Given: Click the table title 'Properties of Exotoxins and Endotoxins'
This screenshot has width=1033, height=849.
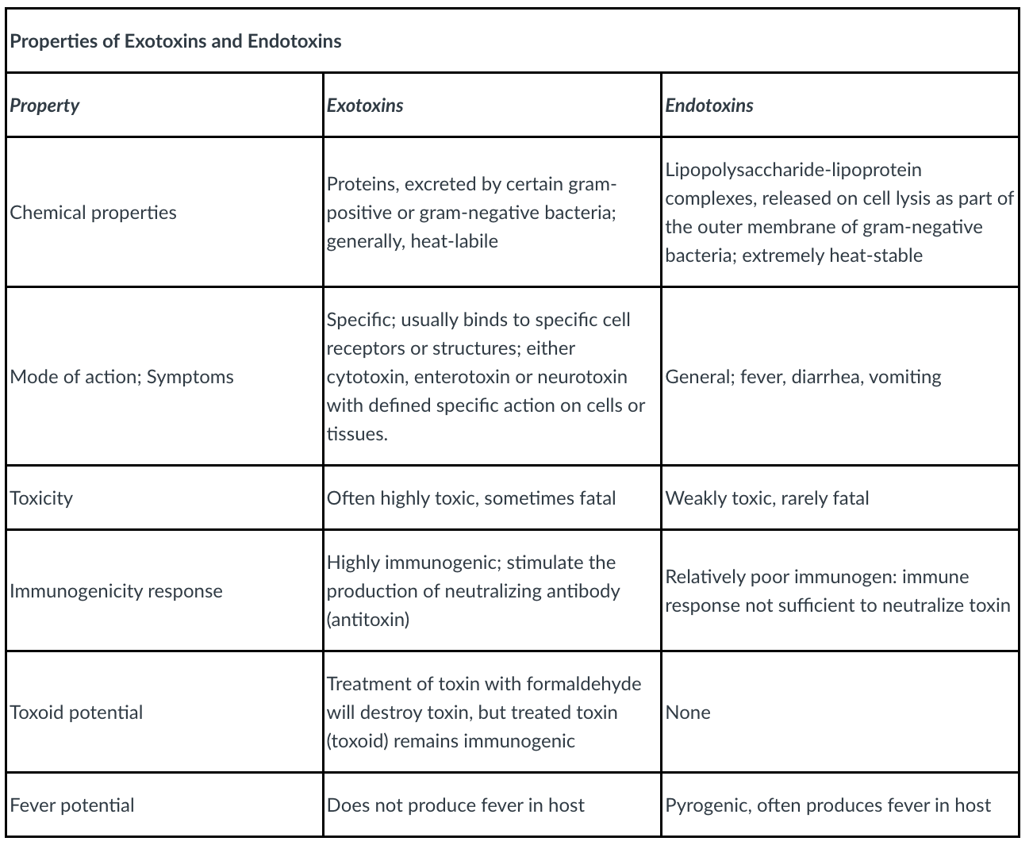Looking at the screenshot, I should point(175,41).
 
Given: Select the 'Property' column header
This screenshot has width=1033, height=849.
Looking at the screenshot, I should point(44,106).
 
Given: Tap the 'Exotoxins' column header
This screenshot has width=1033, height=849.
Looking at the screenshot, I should point(365,106).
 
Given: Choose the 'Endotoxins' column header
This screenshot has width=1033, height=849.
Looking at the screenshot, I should point(709,106).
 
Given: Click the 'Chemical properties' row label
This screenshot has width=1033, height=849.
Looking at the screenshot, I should point(93,213).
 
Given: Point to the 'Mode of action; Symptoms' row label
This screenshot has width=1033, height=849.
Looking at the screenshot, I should point(121,377).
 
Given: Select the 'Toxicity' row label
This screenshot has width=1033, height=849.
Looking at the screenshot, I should point(41,498).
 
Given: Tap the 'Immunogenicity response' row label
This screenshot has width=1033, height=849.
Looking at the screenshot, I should point(116,591).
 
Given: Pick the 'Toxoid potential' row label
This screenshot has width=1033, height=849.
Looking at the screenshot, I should point(76,713).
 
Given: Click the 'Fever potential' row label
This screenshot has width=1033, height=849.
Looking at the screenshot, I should point(72,805).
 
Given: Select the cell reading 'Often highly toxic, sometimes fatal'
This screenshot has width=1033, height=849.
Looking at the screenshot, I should point(471,498).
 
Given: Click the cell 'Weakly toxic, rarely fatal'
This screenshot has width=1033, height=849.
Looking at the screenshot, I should point(767,498).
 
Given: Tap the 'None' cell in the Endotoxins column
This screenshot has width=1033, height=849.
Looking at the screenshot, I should point(688,713).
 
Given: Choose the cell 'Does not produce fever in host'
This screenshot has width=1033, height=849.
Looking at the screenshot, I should point(455,805).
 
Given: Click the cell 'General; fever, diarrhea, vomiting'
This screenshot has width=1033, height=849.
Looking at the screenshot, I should point(803,377).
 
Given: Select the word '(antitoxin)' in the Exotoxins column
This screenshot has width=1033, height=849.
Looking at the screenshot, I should point(368,620).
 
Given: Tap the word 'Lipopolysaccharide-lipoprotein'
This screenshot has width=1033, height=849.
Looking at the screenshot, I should point(793,170).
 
